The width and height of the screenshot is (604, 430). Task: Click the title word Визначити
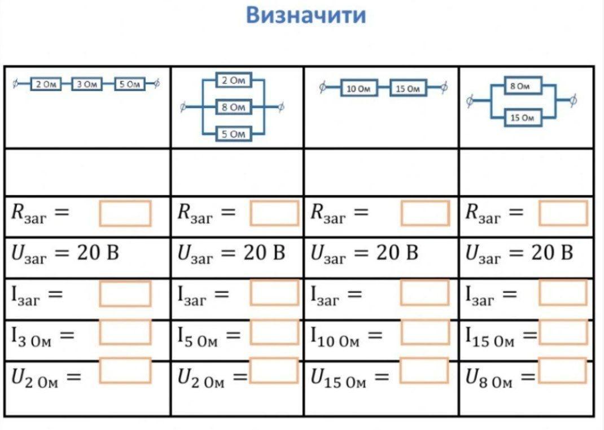pos(306,15)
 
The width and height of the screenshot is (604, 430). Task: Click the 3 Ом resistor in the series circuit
pos(87,84)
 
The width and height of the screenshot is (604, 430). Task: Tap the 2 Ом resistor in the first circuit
pos(46,84)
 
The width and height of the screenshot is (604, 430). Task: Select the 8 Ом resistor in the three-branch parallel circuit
pos(233,107)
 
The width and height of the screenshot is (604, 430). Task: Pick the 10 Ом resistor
pos(358,88)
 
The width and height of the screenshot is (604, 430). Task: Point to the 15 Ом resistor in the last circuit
pos(523,117)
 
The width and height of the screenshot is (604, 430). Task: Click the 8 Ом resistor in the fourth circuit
pos(523,85)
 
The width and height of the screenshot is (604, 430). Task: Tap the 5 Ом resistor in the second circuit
pos(233,134)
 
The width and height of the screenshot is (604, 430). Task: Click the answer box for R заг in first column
pos(125,213)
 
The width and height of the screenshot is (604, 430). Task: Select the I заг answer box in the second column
pos(274,293)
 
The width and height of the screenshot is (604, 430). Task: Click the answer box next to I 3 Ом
pos(125,332)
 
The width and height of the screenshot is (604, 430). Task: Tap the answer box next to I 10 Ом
pos(425,332)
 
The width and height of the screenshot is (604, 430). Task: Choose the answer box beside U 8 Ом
pos(563,371)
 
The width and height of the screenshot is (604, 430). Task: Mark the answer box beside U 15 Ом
pos(424,371)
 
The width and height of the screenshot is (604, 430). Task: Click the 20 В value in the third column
pos(397,253)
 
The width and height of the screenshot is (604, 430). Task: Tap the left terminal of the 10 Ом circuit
pos(322,88)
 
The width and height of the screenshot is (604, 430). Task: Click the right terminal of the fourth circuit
pos(573,100)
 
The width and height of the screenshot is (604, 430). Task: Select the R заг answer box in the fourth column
pos(563,213)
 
